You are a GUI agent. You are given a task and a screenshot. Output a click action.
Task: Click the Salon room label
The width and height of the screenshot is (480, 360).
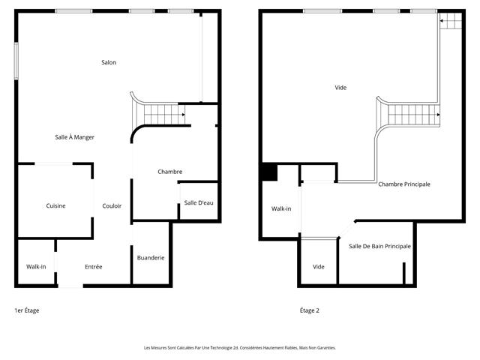pos(109,62)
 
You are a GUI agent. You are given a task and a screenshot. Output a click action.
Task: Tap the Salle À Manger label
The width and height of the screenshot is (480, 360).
pos(74,137)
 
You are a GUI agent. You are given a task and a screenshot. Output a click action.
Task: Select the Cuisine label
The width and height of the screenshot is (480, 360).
pos(55,205)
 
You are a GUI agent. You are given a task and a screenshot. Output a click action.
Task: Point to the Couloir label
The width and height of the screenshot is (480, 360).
pos(112,206)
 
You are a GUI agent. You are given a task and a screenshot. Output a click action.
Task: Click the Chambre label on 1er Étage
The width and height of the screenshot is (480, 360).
pos(169,172)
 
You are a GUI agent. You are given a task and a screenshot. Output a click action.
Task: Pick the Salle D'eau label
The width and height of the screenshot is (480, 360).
pos(199,203)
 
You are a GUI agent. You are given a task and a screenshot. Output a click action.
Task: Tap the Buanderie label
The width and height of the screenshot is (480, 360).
pos(151,258)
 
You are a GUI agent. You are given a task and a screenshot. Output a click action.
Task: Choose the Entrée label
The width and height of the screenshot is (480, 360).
pos(94,267)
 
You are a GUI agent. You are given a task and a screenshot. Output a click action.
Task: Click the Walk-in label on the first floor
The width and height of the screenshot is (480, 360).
pos(36,267)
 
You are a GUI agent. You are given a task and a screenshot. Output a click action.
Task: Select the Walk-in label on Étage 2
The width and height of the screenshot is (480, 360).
pos(281,208)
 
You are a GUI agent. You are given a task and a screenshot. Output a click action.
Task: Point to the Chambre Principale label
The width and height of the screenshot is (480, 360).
pos(404,184)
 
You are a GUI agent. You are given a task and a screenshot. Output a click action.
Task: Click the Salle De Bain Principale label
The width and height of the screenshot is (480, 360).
pos(379,247)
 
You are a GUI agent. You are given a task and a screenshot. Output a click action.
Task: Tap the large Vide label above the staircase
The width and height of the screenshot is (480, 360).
pos(340,88)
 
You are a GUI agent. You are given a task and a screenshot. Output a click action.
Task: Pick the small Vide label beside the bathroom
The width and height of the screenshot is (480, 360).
pos(319,267)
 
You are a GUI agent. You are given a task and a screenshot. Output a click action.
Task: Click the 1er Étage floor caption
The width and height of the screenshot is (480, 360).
pos(27,310)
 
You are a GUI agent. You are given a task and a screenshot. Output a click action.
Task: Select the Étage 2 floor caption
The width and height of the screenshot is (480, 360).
pos(309,310)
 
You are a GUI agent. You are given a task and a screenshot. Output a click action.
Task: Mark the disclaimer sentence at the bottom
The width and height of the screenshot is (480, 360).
pos(240,348)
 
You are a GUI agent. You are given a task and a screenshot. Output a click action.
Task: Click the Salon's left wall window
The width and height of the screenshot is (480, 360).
pos(16,60)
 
